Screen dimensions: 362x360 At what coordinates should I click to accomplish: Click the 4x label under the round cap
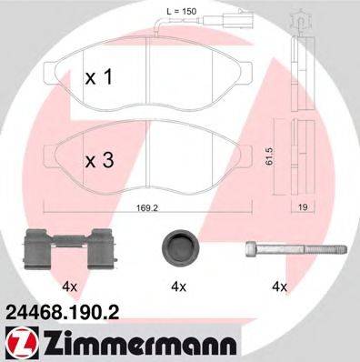point(178,287)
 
